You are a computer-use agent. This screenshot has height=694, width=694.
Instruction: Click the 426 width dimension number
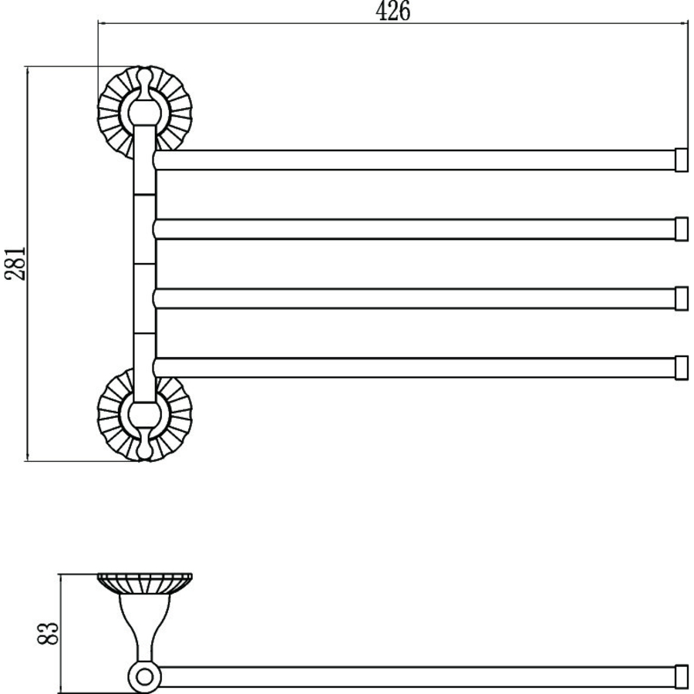pyautogui.click(x=393, y=11)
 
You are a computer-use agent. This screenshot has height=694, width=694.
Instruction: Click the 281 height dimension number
pyautogui.click(x=15, y=264)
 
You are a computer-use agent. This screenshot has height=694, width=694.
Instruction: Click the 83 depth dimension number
pyautogui.click(x=48, y=633)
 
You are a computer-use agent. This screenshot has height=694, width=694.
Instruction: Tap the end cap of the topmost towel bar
pyautogui.click(x=681, y=160)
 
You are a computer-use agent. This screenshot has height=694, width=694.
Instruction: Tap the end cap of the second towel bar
pyautogui.click(x=682, y=229)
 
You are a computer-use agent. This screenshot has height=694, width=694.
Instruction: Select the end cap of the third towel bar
pyautogui.click(x=682, y=298)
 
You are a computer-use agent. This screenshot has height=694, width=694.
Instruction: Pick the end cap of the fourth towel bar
pyautogui.click(x=682, y=367)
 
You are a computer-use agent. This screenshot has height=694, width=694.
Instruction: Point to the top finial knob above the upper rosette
pyautogui.click(x=144, y=81)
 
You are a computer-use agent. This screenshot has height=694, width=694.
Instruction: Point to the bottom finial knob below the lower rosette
pyautogui.click(x=144, y=446)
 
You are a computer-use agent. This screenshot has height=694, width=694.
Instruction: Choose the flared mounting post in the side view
pyautogui.click(x=144, y=628)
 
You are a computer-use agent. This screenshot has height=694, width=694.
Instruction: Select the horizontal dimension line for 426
pyautogui.click(x=393, y=23)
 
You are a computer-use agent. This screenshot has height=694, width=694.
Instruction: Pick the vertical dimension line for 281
pyautogui.click(x=28, y=264)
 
